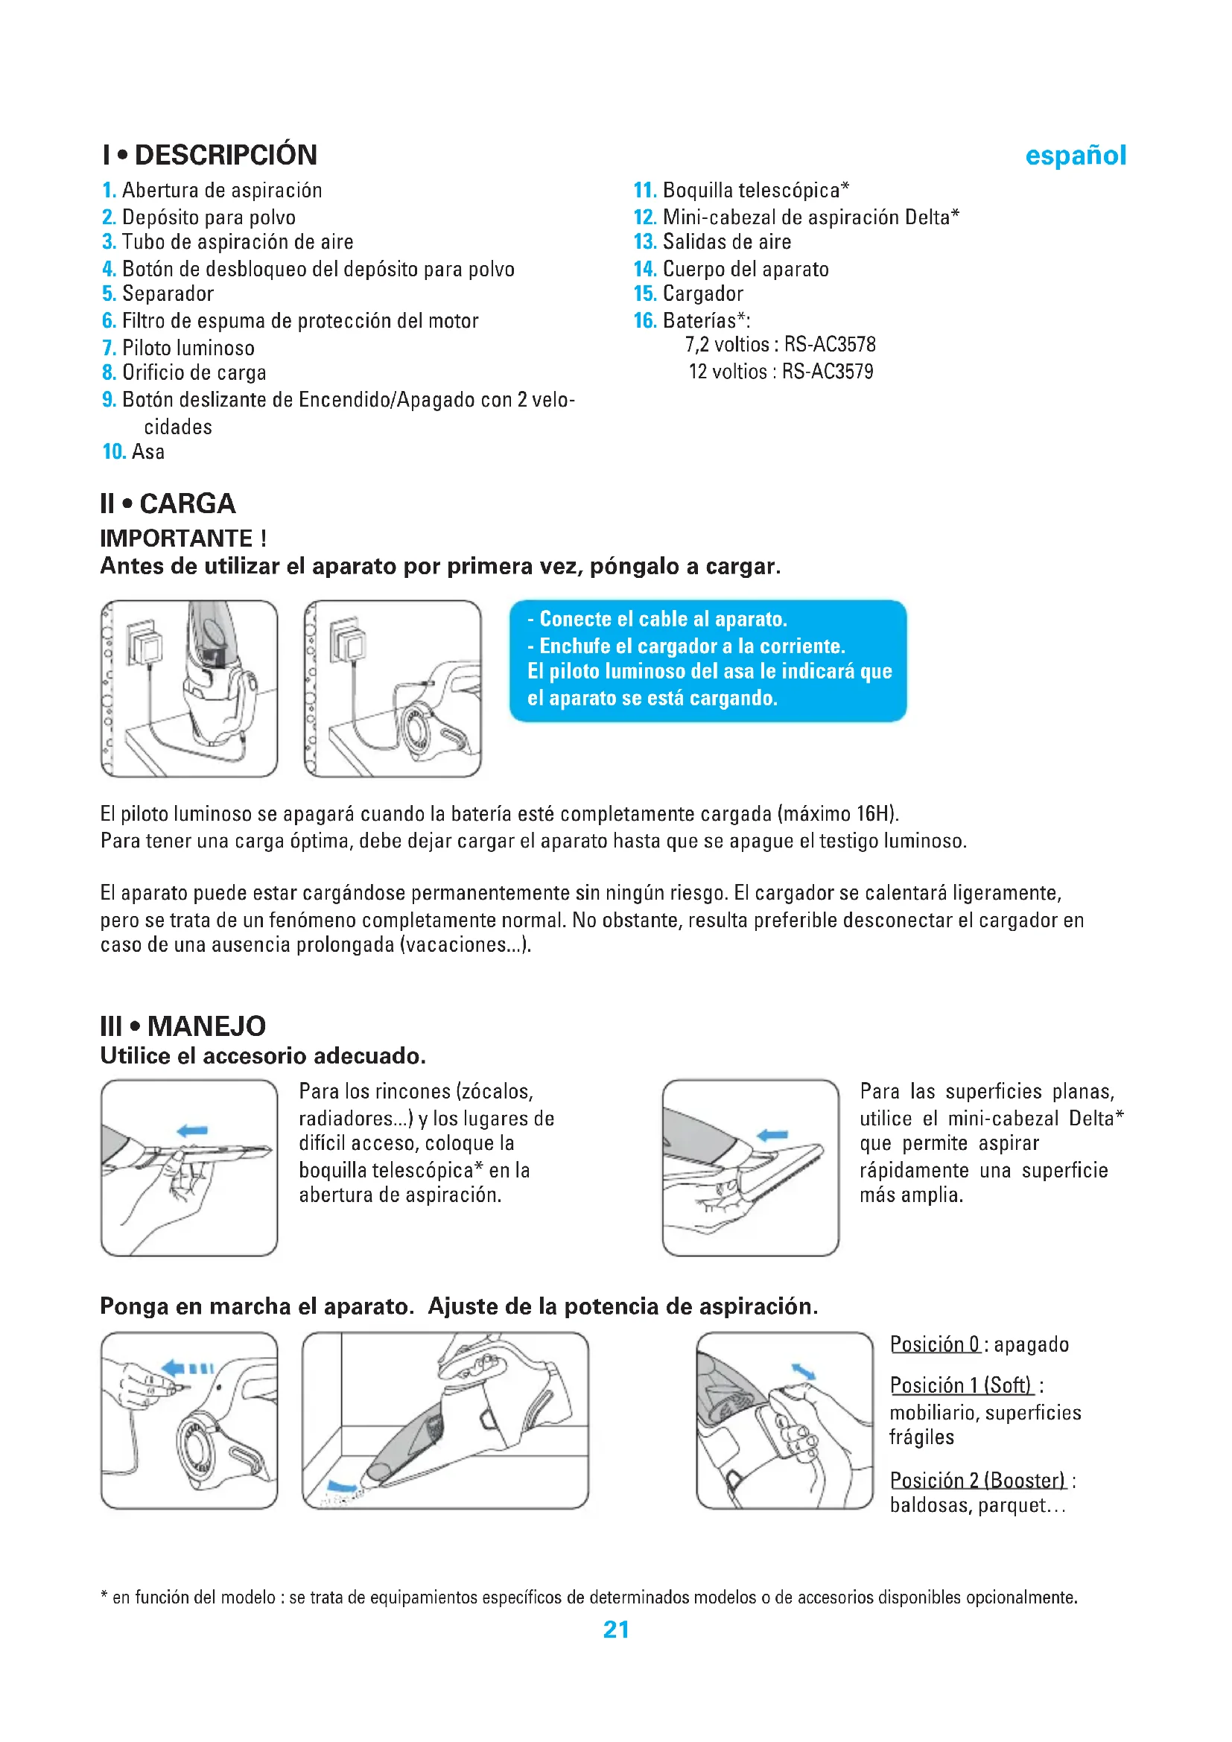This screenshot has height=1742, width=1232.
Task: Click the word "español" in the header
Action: coord(1075,156)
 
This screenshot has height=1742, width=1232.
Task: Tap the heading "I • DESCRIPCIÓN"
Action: coord(210,155)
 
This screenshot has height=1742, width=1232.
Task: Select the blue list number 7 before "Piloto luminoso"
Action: coord(109,349)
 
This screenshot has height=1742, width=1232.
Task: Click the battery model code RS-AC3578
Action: coord(830,345)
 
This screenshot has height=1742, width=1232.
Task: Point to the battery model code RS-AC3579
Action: coord(828,372)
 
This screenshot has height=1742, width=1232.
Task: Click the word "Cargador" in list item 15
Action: coord(702,293)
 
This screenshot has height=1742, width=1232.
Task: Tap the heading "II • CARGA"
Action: coord(168,503)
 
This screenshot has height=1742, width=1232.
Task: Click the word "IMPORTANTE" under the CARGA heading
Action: coord(177,538)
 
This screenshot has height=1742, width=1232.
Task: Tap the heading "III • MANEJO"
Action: coord(182,1026)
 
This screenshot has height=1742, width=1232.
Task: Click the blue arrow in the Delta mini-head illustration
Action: coord(773,1135)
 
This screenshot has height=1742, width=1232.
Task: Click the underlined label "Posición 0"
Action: coord(935,1344)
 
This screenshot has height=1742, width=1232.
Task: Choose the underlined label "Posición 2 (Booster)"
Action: coord(978,1481)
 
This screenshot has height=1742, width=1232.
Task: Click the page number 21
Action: coord(616,1630)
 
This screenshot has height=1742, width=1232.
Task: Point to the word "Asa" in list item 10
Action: coord(149,452)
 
